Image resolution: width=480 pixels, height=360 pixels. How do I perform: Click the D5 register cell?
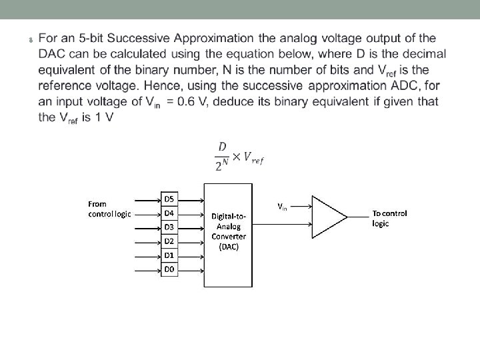click(169, 199)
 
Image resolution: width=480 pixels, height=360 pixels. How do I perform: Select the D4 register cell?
click(169, 213)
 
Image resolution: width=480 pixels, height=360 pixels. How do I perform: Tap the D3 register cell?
click(169, 227)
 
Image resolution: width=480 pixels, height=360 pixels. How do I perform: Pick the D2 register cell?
click(169, 241)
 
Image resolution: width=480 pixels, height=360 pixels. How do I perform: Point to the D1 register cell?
click(169, 255)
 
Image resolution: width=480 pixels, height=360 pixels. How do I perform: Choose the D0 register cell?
click(169, 269)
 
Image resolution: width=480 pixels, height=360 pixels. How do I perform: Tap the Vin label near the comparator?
click(282, 207)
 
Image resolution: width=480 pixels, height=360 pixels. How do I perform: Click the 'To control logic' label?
click(389, 218)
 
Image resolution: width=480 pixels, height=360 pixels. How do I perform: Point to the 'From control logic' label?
click(110, 209)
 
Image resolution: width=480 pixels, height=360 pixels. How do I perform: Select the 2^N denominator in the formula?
click(220, 167)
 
